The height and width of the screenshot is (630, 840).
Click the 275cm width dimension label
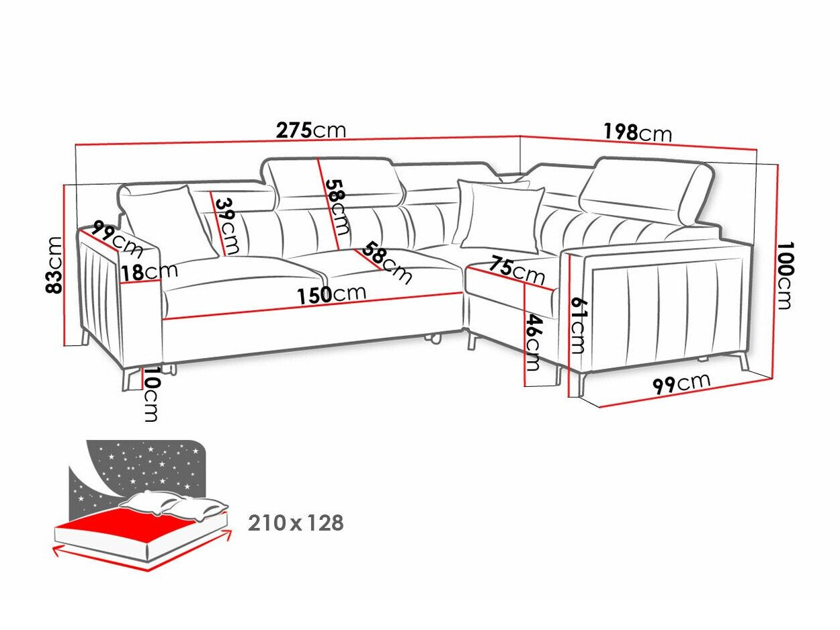(x=311, y=130)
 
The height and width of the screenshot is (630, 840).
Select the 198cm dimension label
(x=637, y=133)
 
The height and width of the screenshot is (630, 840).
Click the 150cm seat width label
(x=332, y=294)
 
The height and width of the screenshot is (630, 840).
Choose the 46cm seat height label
(x=532, y=343)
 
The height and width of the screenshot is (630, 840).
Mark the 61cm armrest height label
(x=577, y=325)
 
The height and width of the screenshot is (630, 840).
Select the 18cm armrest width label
(x=149, y=272)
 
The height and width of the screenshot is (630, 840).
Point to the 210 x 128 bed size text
(x=296, y=523)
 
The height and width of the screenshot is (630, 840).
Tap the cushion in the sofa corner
(x=501, y=215)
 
